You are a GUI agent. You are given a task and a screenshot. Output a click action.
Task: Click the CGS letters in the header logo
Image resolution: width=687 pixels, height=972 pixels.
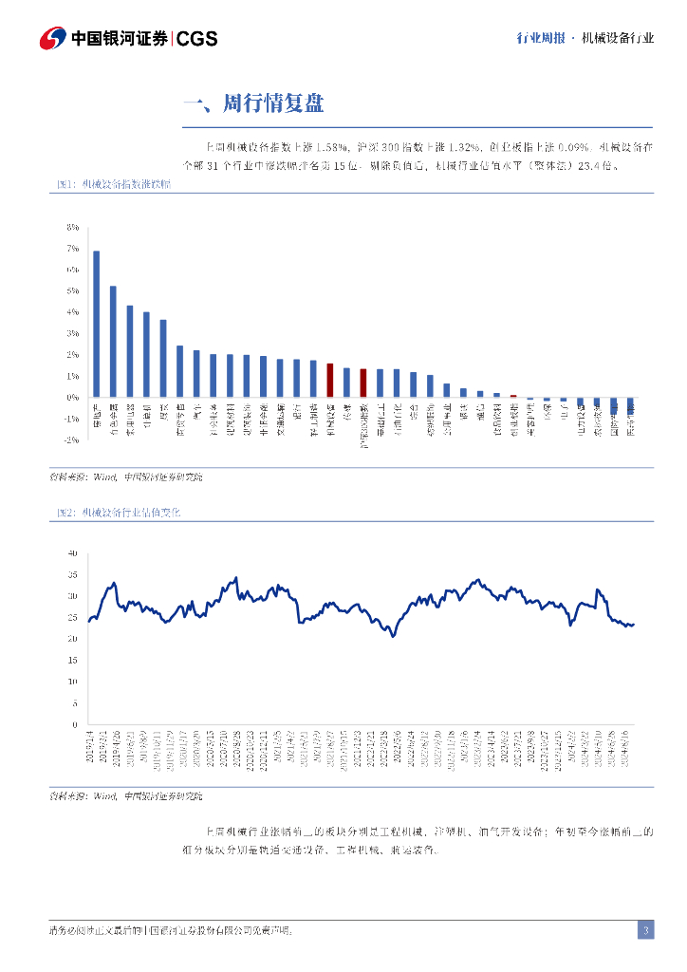tap(197, 39)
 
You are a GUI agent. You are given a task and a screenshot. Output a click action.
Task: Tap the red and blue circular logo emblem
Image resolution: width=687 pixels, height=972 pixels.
tap(52, 39)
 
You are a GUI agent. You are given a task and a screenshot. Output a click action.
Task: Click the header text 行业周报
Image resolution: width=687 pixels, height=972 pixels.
tap(541, 39)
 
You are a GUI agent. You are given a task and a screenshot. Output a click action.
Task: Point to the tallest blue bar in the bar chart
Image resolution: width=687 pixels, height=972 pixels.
tap(97, 324)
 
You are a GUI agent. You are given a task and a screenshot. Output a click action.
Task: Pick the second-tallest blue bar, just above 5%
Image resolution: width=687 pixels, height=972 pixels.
tap(113, 342)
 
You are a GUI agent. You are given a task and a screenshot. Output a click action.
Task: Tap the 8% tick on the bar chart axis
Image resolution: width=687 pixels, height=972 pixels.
tap(72, 228)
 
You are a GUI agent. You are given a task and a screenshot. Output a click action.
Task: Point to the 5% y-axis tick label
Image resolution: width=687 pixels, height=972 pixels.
tap(72, 291)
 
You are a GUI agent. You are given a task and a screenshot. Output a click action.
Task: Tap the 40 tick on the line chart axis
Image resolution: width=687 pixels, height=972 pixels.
tap(72, 552)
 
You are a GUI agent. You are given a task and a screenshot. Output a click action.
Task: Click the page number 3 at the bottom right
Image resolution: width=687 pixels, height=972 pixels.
tap(645, 930)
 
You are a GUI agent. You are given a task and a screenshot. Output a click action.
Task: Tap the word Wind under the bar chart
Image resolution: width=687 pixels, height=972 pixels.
tap(104, 477)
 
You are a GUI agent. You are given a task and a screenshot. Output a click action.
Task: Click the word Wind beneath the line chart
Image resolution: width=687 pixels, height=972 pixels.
tap(104, 795)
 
